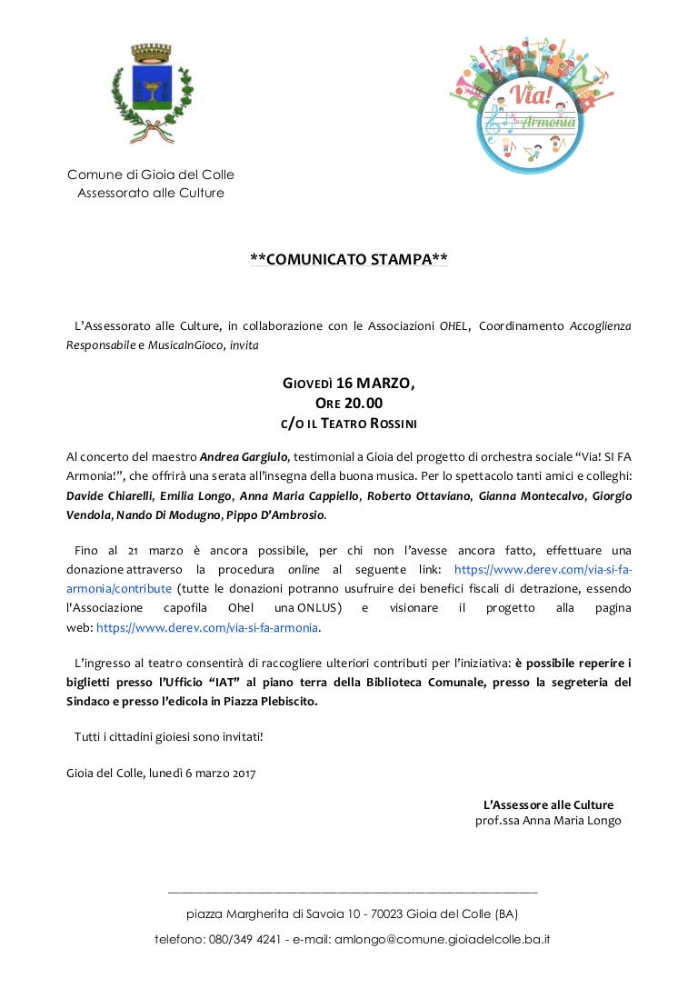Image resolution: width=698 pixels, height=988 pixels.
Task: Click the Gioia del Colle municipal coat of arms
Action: (x=151, y=95)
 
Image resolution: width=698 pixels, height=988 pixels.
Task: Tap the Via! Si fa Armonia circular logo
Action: (x=532, y=103)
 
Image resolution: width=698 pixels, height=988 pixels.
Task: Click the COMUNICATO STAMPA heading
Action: (x=349, y=260)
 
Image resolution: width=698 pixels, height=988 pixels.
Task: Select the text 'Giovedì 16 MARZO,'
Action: (x=349, y=383)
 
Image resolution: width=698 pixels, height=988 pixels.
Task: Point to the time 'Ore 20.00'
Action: (x=349, y=403)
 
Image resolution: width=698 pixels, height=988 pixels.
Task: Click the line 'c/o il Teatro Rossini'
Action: (x=349, y=423)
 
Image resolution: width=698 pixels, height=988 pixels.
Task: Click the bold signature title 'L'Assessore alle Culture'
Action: (x=548, y=804)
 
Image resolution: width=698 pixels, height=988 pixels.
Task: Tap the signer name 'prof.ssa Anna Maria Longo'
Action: (x=548, y=821)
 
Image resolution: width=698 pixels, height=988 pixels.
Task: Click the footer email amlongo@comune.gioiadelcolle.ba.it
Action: (x=430, y=939)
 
